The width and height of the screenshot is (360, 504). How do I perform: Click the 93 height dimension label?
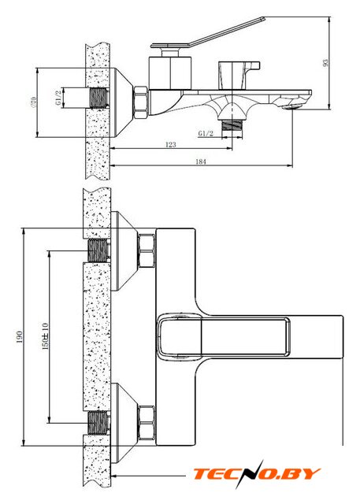point(325,62)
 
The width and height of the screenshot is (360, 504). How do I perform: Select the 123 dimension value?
point(171,145)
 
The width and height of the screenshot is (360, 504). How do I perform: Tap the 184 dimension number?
point(201,161)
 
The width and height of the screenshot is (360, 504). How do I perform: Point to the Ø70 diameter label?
point(33,102)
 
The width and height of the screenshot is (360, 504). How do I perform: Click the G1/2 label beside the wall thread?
point(58,98)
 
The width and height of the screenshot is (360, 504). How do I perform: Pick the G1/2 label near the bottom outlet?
point(206,133)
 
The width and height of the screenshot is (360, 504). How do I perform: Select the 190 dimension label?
point(20,337)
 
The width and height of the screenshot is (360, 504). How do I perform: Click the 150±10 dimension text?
point(45,336)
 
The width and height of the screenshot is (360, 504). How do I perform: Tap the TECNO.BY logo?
point(257,474)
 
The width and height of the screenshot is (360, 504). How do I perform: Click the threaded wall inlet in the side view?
point(99,98)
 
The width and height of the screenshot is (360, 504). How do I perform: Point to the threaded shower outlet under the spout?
point(232,125)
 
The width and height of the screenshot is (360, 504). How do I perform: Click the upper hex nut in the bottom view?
point(147,250)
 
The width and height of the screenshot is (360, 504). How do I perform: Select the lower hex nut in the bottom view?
point(147,422)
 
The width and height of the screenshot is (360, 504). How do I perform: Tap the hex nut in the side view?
point(141,102)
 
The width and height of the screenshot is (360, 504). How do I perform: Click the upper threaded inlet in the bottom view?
point(98,250)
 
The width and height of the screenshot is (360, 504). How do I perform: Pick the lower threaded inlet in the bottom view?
point(98,422)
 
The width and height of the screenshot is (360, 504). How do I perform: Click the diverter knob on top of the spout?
point(237,75)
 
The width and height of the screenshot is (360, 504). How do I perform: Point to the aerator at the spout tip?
point(291,107)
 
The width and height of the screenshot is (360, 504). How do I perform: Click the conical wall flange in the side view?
point(122,102)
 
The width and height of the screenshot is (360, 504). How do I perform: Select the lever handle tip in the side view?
point(263,18)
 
